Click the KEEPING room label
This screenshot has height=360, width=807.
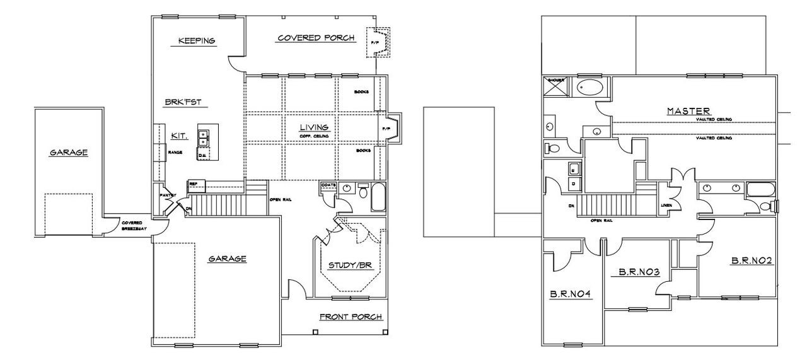click(197, 41)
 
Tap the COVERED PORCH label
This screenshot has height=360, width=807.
click(316, 38)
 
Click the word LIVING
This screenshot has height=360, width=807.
click(315, 127)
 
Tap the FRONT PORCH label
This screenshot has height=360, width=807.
click(351, 316)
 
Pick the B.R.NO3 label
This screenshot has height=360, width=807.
click(639, 272)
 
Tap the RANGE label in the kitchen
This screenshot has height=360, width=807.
click(175, 152)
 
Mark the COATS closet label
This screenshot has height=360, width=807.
click(328, 185)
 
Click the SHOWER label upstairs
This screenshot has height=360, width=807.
click(555, 80)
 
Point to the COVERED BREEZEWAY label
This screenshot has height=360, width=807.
click(132, 224)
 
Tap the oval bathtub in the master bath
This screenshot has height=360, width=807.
click(591, 88)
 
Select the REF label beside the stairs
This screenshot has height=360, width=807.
click(193, 183)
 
